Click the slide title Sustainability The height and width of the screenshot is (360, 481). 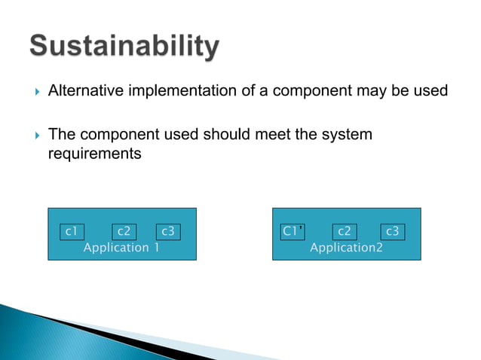124,47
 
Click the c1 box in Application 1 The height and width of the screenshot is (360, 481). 72,232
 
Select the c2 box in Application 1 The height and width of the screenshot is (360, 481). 124,232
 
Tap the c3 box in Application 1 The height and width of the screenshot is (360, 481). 167,232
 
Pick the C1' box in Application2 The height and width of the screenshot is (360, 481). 293,232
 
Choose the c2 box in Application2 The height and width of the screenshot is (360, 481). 344,232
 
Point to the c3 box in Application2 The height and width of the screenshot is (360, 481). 391,232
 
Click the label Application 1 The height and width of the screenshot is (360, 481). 121,248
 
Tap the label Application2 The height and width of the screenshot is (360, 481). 346,248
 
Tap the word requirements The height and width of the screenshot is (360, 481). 94,154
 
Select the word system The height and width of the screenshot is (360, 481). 346,136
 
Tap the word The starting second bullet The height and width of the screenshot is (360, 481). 62,136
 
